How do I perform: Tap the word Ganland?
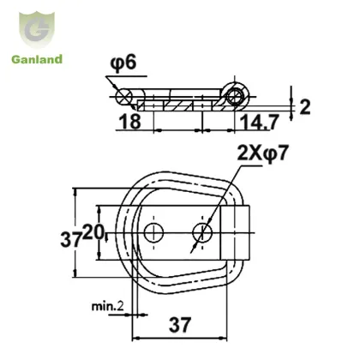[35, 59]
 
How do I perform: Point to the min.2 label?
[109, 304]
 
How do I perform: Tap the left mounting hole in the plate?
[155, 232]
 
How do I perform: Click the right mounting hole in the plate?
[203, 232]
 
